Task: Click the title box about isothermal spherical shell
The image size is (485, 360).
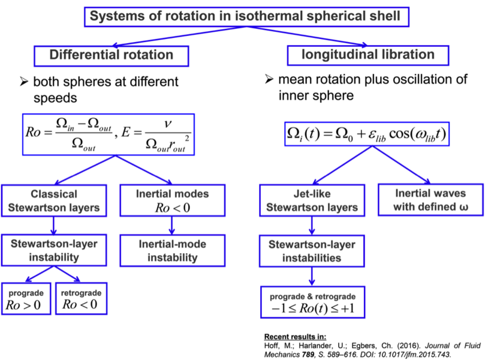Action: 245,16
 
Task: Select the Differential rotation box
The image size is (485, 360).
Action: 112,55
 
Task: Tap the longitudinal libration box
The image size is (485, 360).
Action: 369,55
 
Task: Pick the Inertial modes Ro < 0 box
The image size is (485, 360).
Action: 173,202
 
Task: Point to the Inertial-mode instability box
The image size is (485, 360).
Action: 173,250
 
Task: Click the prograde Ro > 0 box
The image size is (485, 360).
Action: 26,298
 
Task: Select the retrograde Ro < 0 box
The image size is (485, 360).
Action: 81,298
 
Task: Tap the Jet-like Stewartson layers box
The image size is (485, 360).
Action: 311,201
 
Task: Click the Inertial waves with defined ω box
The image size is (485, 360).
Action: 430,201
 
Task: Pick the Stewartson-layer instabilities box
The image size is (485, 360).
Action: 311,251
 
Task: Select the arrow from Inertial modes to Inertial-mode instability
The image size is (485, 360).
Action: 173,224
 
